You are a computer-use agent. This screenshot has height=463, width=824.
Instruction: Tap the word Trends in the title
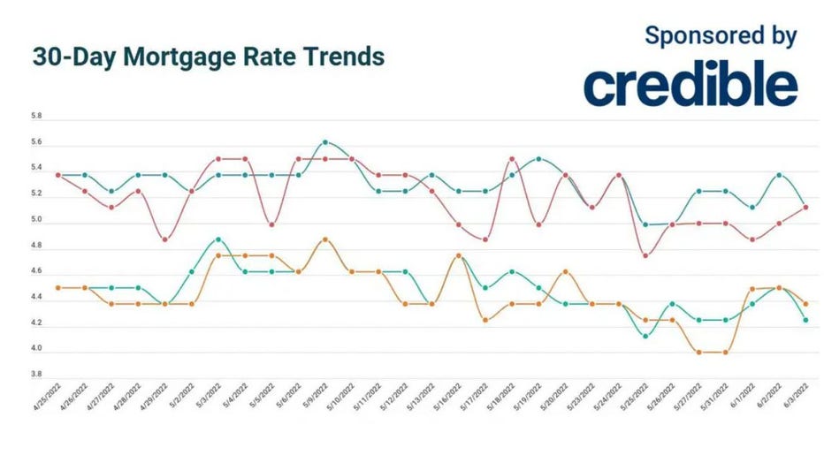343,57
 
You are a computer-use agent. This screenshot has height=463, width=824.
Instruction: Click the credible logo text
690,86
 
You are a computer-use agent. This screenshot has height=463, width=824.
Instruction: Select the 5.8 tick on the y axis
36,117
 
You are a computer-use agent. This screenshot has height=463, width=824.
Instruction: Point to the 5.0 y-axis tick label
36,221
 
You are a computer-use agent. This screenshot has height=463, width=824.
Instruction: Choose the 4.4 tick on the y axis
36,299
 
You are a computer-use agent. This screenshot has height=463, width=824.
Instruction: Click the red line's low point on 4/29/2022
165,239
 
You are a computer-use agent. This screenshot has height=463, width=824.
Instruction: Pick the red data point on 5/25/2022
645,255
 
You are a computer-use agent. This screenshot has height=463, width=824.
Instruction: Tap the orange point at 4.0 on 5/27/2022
699,353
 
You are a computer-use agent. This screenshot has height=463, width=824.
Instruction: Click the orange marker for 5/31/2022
726,353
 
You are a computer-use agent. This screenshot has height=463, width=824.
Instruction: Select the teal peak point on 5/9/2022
325,142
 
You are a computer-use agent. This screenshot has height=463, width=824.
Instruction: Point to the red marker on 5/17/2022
485,239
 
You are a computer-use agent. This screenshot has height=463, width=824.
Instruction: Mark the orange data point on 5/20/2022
566,272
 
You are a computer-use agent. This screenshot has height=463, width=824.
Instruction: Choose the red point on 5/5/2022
271,224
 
